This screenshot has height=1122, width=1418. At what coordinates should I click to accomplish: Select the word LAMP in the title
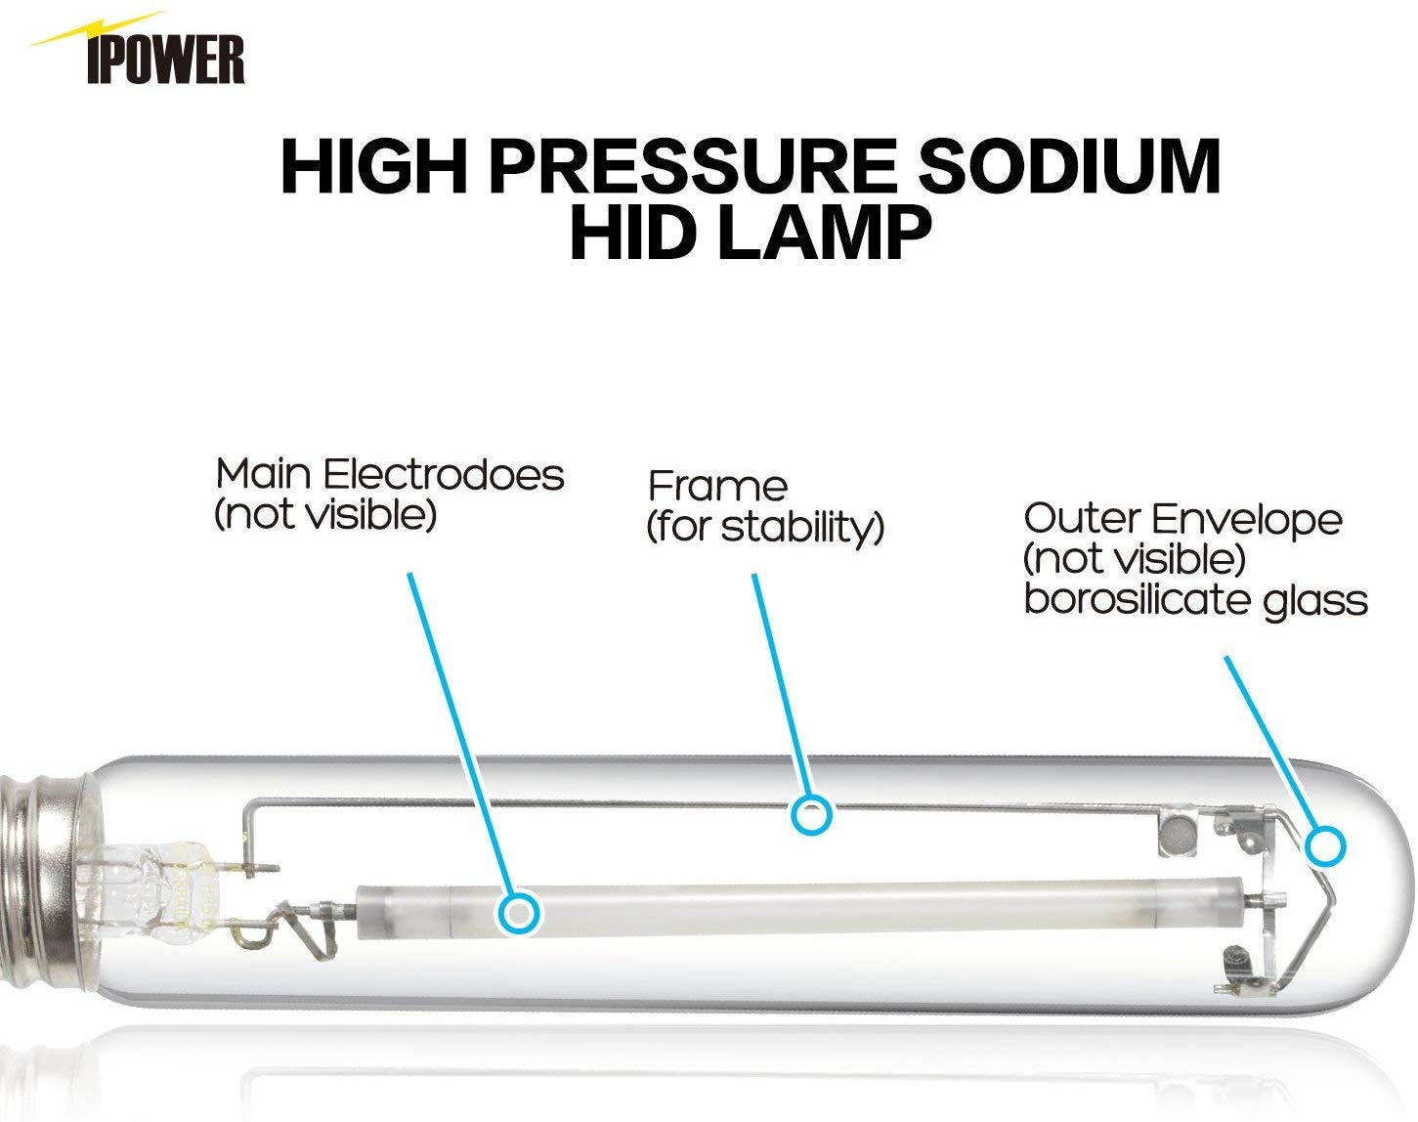pos(824,233)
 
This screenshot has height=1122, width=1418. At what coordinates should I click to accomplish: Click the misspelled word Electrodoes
pos(444,475)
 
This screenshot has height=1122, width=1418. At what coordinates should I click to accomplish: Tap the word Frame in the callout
pos(717,486)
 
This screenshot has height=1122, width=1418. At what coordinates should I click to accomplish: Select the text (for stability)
pos(765,528)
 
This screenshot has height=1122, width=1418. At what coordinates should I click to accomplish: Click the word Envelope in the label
pos(1246,520)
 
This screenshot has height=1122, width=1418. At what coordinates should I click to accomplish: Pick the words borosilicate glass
pos(1195,600)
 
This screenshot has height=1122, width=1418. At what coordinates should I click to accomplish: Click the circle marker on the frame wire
pos(811,815)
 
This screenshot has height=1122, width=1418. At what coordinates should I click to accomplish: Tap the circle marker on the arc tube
pos(519,913)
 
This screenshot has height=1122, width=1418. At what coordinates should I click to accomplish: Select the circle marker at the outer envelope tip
pos(1325,846)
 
